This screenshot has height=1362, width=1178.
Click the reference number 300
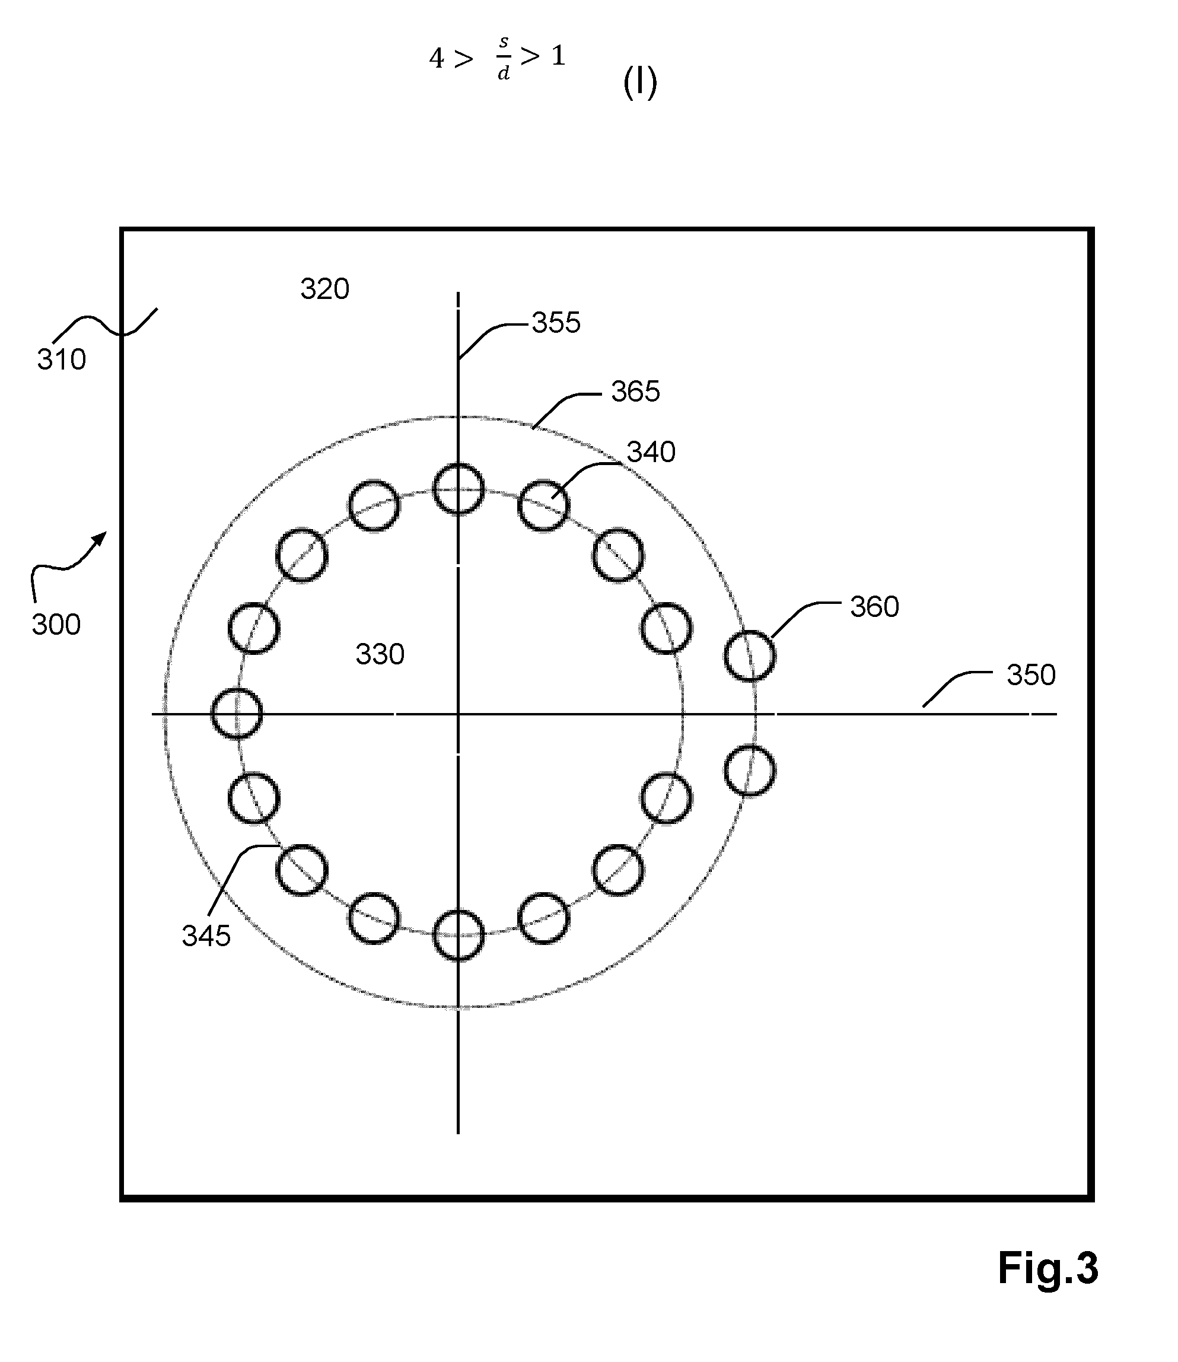(x=56, y=625)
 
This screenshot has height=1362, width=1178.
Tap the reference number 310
(x=61, y=359)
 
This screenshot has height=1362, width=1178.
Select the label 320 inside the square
(x=324, y=289)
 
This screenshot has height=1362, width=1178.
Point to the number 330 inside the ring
(x=380, y=655)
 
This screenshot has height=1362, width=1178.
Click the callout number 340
(x=651, y=452)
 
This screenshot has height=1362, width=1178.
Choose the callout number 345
(x=206, y=936)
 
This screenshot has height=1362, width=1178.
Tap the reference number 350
(x=1031, y=675)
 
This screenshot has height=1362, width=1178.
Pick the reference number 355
(x=556, y=323)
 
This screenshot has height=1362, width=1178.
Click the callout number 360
(x=874, y=607)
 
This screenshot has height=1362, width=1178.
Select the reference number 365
(x=635, y=392)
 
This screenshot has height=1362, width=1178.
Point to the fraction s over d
(x=504, y=58)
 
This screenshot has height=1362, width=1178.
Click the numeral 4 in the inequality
(x=437, y=59)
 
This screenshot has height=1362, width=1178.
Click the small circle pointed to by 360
(x=749, y=655)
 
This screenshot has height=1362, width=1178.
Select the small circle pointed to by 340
(x=544, y=505)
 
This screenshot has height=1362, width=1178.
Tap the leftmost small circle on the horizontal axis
(x=237, y=713)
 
